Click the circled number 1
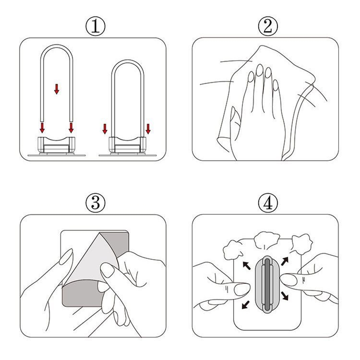click(96, 27)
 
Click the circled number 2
click(268, 27)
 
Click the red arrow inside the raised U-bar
click(56, 89)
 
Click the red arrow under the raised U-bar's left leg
click(42, 128)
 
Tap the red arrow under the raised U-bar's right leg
click(71, 128)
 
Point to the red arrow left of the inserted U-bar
click(105, 129)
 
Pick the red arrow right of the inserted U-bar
click(148, 129)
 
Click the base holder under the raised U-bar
click(56, 145)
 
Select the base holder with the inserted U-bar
click(127, 145)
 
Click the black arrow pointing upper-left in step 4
click(247, 266)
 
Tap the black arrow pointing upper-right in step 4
click(285, 261)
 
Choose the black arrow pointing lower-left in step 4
click(246, 305)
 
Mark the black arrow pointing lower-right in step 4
click(284, 296)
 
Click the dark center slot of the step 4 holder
click(268, 284)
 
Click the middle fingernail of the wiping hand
click(260, 70)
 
